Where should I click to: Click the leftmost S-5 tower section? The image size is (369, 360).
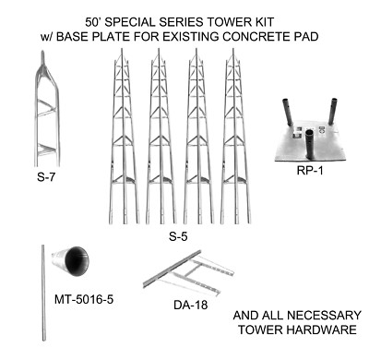point(125,138)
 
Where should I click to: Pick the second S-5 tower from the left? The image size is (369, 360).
point(161,138)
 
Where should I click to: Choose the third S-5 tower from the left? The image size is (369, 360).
point(196,138)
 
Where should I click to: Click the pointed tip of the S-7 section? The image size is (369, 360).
point(42,55)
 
